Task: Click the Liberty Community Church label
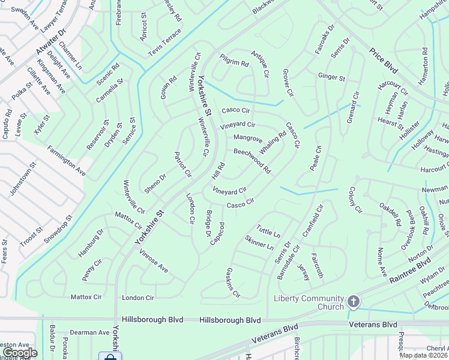[x=309, y=303]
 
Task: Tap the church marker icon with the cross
[x=354, y=302]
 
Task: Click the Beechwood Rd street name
[x=252, y=161]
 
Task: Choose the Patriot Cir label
[x=182, y=164]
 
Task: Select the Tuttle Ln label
[x=268, y=230]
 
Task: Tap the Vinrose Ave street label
[x=154, y=262]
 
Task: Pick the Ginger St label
[x=331, y=77]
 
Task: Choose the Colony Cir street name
[x=355, y=200]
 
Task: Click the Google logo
[x=19, y=353]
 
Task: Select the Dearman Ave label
[x=89, y=332]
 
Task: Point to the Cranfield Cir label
[x=313, y=220]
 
